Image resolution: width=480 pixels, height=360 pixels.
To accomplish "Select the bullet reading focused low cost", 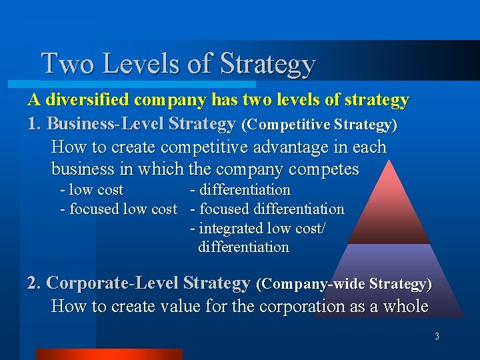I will pyautogui.click(x=119, y=209).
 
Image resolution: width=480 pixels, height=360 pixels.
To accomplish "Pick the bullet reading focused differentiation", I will pyautogui.click(x=267, y=209).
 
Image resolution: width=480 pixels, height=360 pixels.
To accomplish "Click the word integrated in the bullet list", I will pyautogui.click(x=231, y=228).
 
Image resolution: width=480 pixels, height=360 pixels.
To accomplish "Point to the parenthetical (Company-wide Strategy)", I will pyautogui.click(x=344, y=284).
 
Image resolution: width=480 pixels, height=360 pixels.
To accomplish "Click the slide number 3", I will pyautogui.click(x=437, y=337).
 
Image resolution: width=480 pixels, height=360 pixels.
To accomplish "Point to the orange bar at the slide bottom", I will pyautogui.click(x=109, y=354).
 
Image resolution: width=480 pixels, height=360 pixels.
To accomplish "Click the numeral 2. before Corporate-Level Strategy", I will pyautogui.click(x=35, y=283).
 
